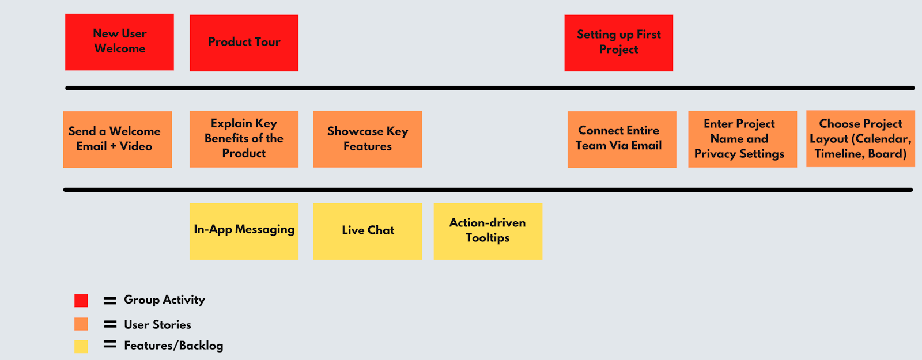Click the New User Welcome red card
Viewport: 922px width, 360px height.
click(x=119, y=42)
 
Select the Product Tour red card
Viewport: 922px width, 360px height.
click(x=244, y=43)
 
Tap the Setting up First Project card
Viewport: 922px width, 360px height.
click(x=618, y=43)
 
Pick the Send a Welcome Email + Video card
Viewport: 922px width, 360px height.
click(x=117, y=139)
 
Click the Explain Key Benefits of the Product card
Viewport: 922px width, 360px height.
click(x=244, y=139)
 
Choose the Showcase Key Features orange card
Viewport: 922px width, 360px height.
click(x=367, y=139)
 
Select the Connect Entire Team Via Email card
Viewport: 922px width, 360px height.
click(x=621, y=139)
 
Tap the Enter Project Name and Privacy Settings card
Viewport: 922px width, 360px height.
click(x=742, y=139)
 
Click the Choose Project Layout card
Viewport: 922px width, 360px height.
click(x=860, y=139)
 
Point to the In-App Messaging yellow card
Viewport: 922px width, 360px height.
click(x=244, y=230)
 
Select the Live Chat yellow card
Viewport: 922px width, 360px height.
click(x=367, y=230)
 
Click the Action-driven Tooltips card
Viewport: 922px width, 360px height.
click(x=488, y=230)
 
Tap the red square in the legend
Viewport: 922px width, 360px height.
click(x=81, y=301)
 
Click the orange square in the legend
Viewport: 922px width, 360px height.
click(x=81, y=324)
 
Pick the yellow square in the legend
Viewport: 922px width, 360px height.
click(x=81, y=346)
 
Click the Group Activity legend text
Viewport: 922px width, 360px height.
click(x=164, y=300)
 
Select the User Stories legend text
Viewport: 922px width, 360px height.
click(x=157, y=324)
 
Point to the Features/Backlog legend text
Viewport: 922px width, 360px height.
click(x=173, y=346)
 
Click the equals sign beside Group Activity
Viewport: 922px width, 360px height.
click(x=110, y=301)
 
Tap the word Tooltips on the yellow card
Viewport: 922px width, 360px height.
click(x=488, y=238)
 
